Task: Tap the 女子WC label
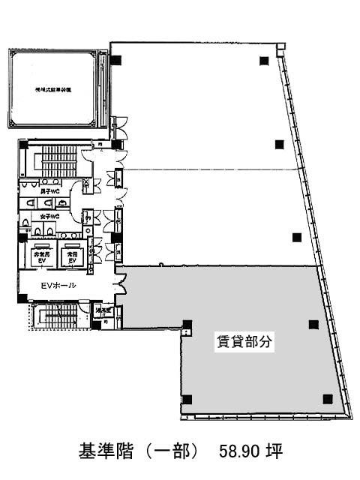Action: coord(49,216)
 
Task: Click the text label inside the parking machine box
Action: coord(53,88)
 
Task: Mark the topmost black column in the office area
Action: coord(263,61)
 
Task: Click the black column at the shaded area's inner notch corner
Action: coord(186,325)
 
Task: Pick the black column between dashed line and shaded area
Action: coord(297,238)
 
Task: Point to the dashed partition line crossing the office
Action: coord(217,167)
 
